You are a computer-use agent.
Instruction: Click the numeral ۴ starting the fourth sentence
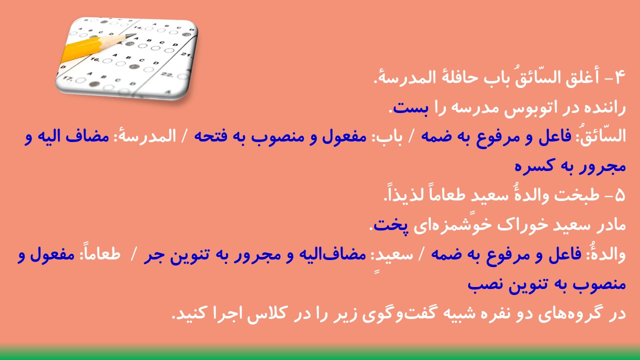point(619,77)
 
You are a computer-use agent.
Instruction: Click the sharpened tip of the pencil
point(134,35)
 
